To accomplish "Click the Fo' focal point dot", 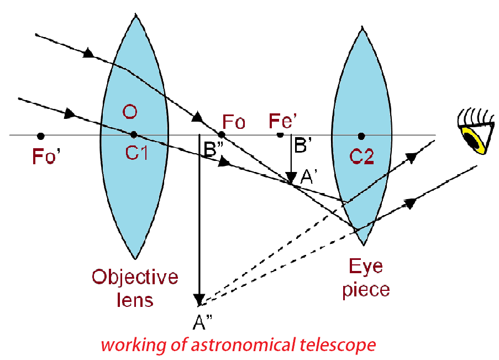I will pyautogui.click(x=40, y=135).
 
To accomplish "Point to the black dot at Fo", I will pyautogui.click(x=221, y=134).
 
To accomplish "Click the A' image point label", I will pyautogui.click(x=309, y=178).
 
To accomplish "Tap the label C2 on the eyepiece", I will pyautogui.click(x=361, y=157).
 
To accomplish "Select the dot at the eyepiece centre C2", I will pyautogui.click(x=361, y=135).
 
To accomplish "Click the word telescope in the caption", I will pyautogui.click(x=338, y=346).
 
